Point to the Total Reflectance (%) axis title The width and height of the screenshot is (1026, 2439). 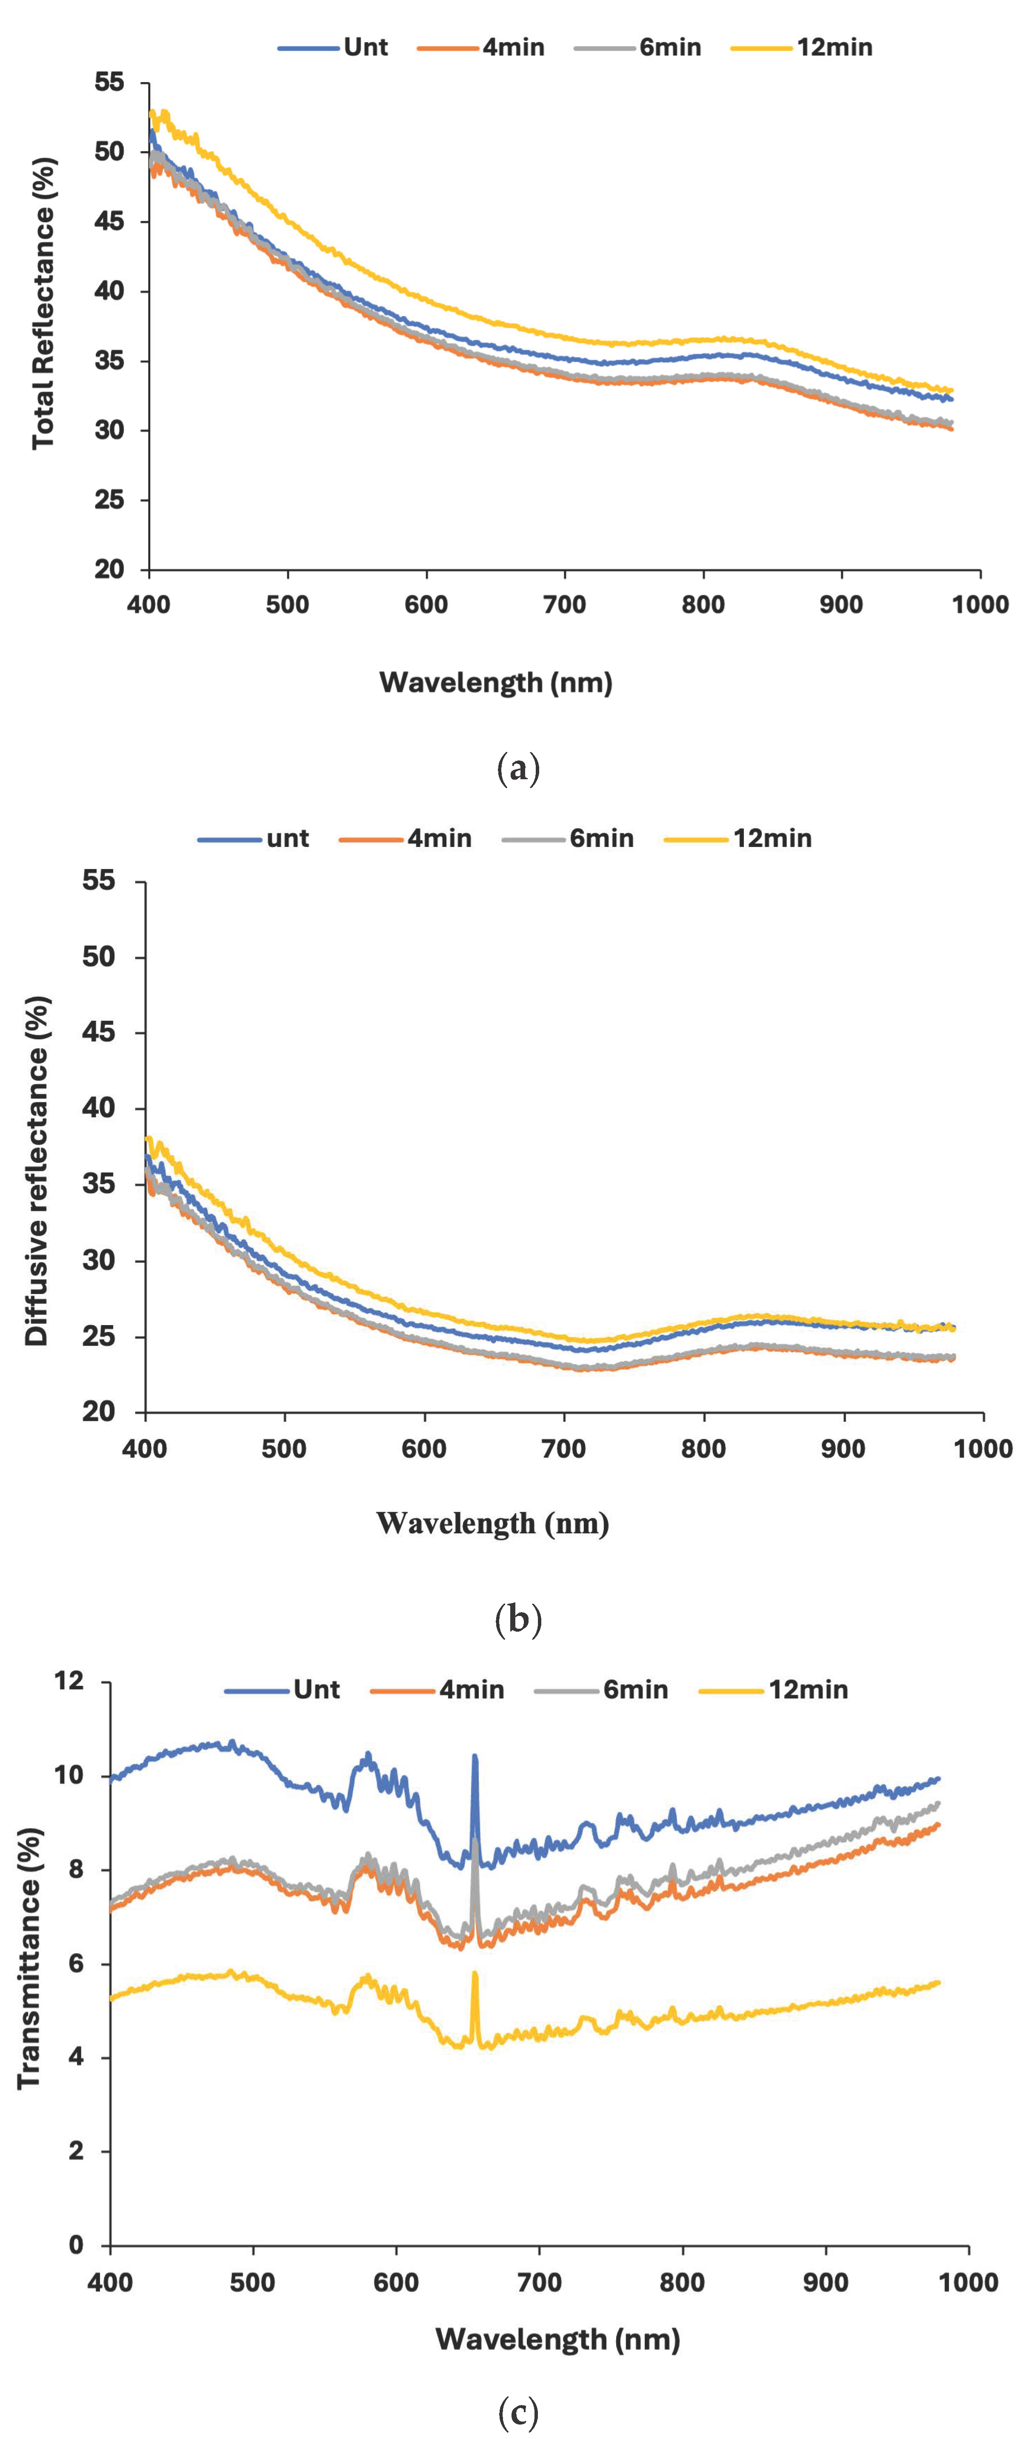pyautogui.click(x=43, y=303)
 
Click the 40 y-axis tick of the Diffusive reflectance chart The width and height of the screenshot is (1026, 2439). pyautogui.click(x=98, y=1108)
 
